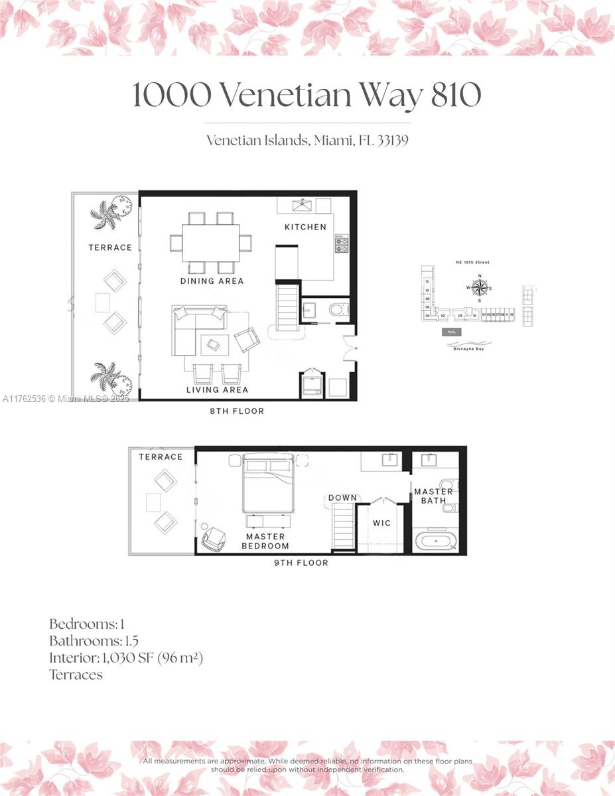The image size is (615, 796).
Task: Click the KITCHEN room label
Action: [x=305, y=227]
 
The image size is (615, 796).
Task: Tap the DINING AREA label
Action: [x=212, y=281]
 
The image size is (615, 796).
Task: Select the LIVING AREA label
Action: [x=217, y=390]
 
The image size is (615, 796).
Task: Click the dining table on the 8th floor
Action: [x=210, y=243]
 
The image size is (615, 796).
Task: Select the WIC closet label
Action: [x=381, y=523]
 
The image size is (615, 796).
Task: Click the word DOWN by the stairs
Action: [x=342, y=497]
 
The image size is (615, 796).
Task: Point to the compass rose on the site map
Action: [x=480, y=287]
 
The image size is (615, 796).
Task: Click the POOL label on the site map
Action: [x=452, y=332]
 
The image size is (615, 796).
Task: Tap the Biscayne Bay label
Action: [x=469, y=348]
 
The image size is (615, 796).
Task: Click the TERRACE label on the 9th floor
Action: [x=161, y=457]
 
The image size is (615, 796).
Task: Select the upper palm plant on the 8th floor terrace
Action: [x=106, y=214]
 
